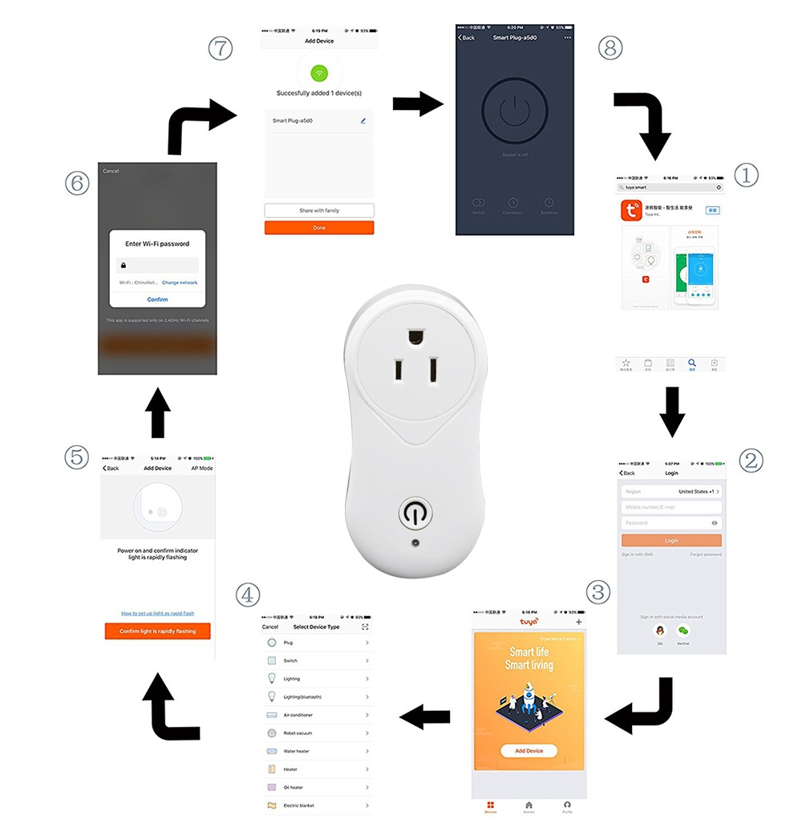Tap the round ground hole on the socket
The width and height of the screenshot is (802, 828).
pyautogui.click(x=415, y=335)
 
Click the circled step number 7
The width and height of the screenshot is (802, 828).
pyautogui.click(x=220, y=48)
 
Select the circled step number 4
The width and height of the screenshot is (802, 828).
pyautogui.click(x=248, y=595)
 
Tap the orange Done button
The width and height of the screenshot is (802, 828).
pyautogui.click(x=319, y=228)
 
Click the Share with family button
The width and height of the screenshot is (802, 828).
pyautogui.click(x=319, y=210)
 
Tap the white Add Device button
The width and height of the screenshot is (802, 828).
pyautogui.click(x=529, y=751)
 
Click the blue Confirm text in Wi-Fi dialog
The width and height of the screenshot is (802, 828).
pyautogui.click(x=157, y=299)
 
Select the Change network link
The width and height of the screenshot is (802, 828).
pyautogui.click(x=180, y=282)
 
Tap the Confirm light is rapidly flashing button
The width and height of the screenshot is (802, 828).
pyautogui.click(x=157, y=631)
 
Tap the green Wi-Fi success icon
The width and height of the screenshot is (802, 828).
pyautogui.click(x=319, y=74)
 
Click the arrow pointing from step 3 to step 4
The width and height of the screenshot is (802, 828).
pyautogui.click(x=425, y=716)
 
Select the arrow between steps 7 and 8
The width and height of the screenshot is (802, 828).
pyautogui.click(x=418, y=103)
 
